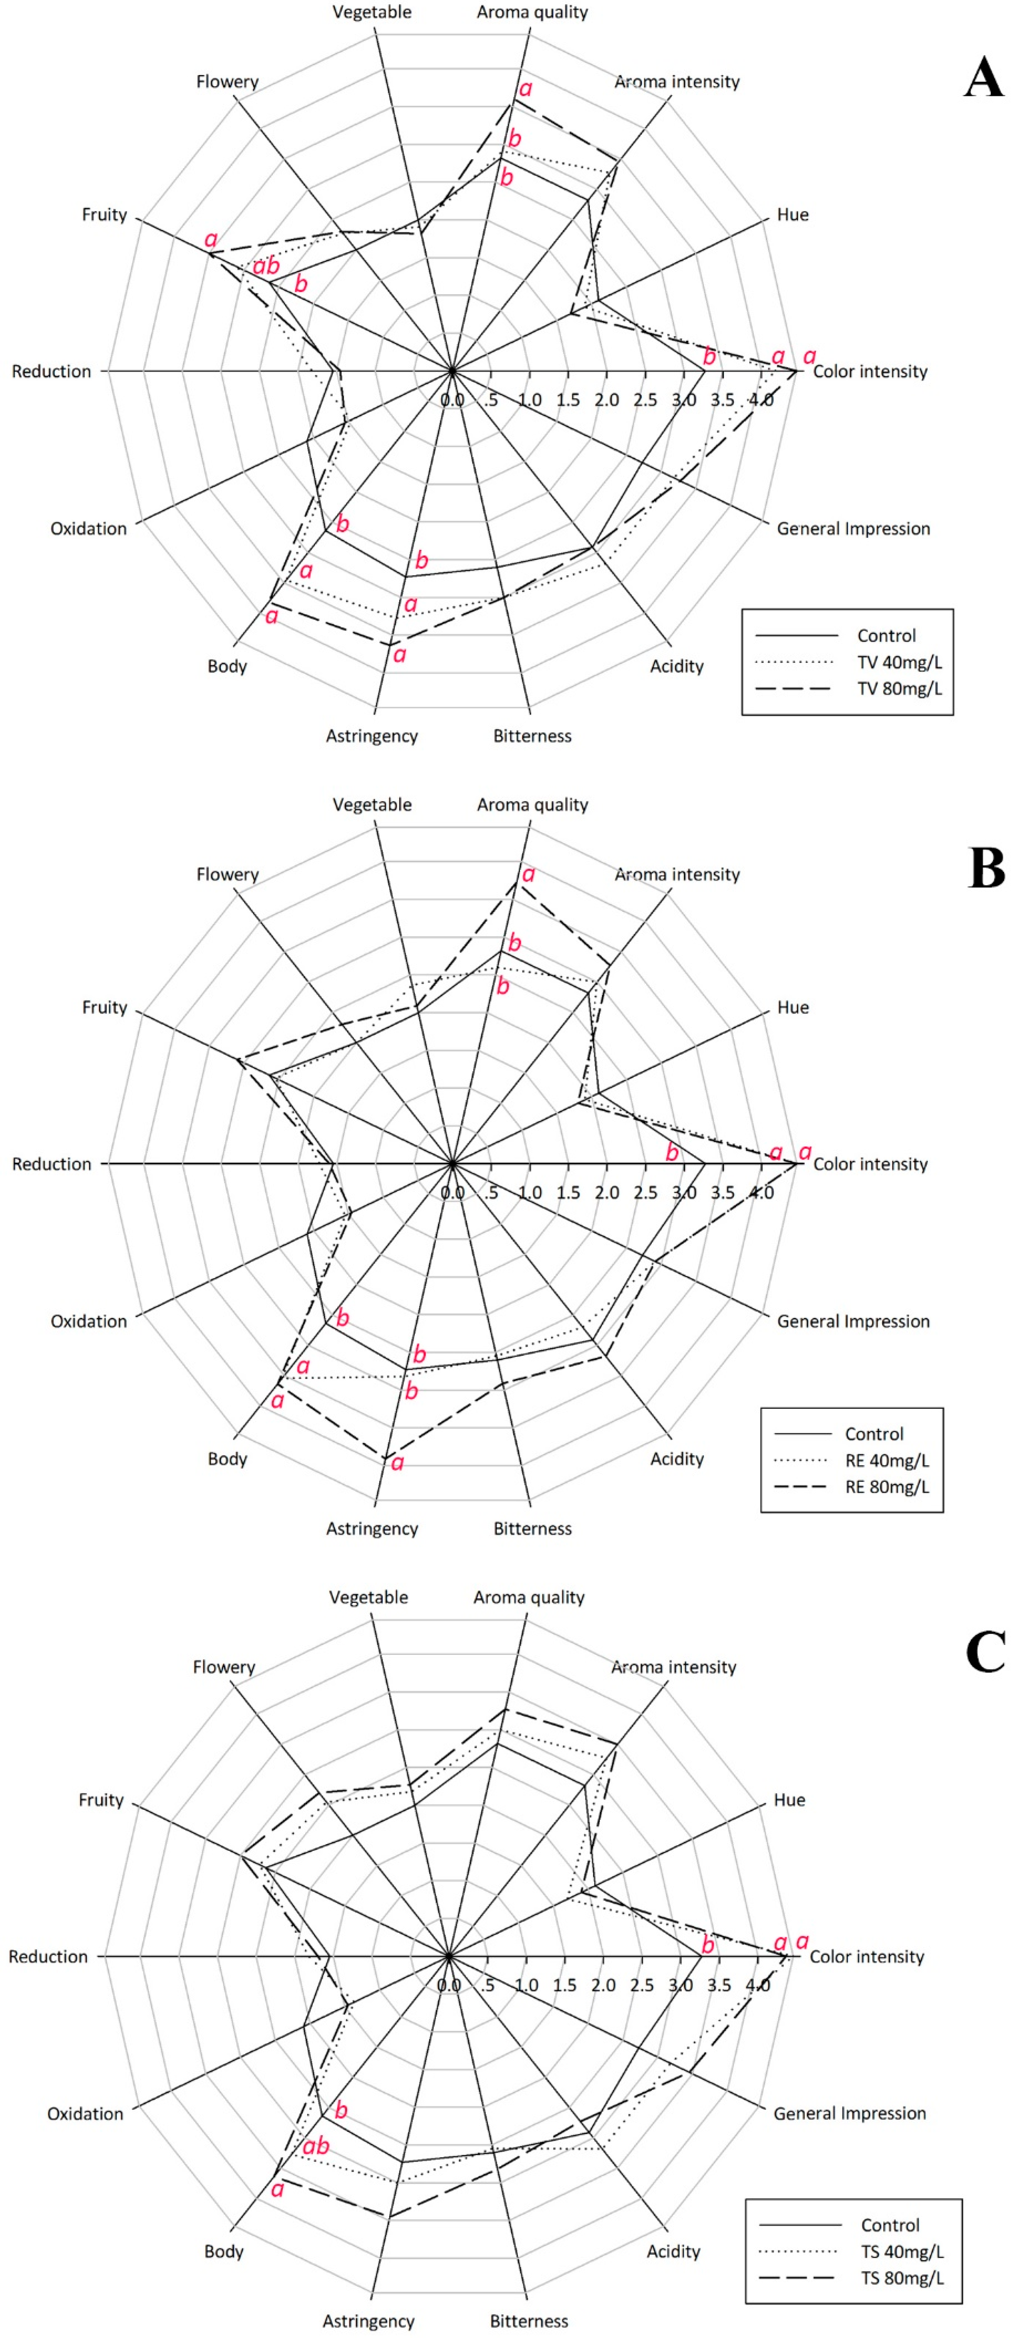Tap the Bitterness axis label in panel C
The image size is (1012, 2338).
coord(529,2321)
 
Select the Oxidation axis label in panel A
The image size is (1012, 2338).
coord(88,528)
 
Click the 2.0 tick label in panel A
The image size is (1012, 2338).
coord(606,399)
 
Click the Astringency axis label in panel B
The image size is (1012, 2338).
coord(372,1529)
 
